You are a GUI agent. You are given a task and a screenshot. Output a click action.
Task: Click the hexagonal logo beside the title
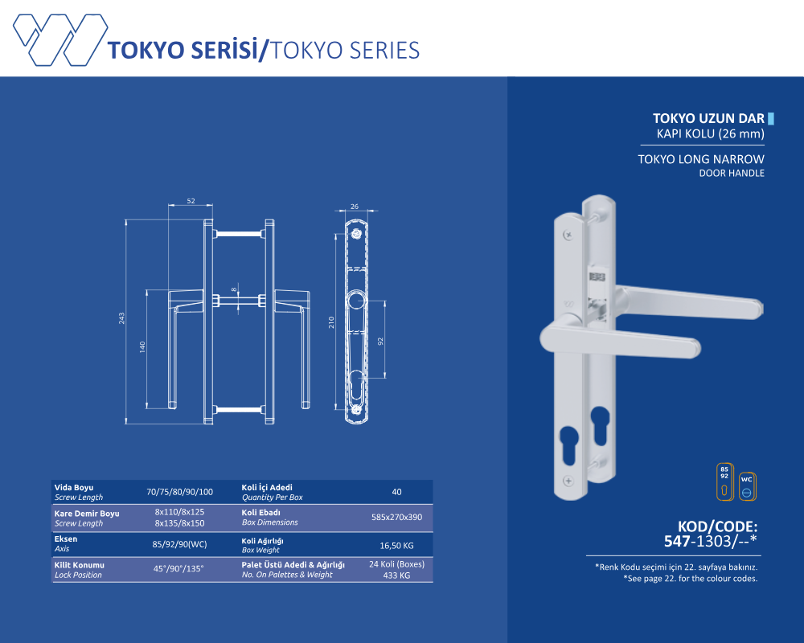[x=60, y=40]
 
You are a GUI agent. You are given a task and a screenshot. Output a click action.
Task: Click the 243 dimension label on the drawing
[x=121, y=318]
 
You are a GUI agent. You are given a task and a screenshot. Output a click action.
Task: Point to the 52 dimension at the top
[x=191, y=201]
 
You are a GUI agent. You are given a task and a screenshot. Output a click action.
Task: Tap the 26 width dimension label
[x=355, y=206]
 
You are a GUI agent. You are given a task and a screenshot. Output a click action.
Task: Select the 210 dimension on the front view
[x=331, y=322]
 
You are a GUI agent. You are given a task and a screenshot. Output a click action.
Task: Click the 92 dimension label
[x=380, y=341]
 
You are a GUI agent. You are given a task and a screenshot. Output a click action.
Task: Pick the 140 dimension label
[x=142, y=347]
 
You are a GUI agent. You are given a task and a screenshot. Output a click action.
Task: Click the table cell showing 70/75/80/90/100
[x=179, y=492]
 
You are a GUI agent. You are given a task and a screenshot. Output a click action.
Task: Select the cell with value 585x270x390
[x=397, y=517]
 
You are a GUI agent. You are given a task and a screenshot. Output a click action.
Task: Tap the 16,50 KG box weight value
[x=396, y=546]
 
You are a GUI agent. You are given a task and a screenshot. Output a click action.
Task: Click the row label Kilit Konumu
[x=80, y=565]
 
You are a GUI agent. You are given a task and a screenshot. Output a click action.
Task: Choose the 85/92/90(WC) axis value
[x=179, y=544]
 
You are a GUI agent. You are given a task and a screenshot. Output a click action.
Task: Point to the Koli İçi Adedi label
[x=267, y=487]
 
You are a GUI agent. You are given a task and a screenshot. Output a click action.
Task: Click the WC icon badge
[x=747, y=486]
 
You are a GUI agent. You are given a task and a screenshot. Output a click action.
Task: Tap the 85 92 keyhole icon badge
[x=724, y=481]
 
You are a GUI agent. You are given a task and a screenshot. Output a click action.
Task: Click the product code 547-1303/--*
[x=710, y=541]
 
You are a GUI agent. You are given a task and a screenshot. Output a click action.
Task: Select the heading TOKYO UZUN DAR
[x=708, y=118]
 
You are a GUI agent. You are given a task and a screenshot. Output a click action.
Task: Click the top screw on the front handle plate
[x=568, y=235]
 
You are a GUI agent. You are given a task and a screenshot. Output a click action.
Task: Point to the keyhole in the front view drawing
[x=356, y=384]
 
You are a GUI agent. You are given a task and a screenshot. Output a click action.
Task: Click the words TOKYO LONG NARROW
[x=701, y=159]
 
